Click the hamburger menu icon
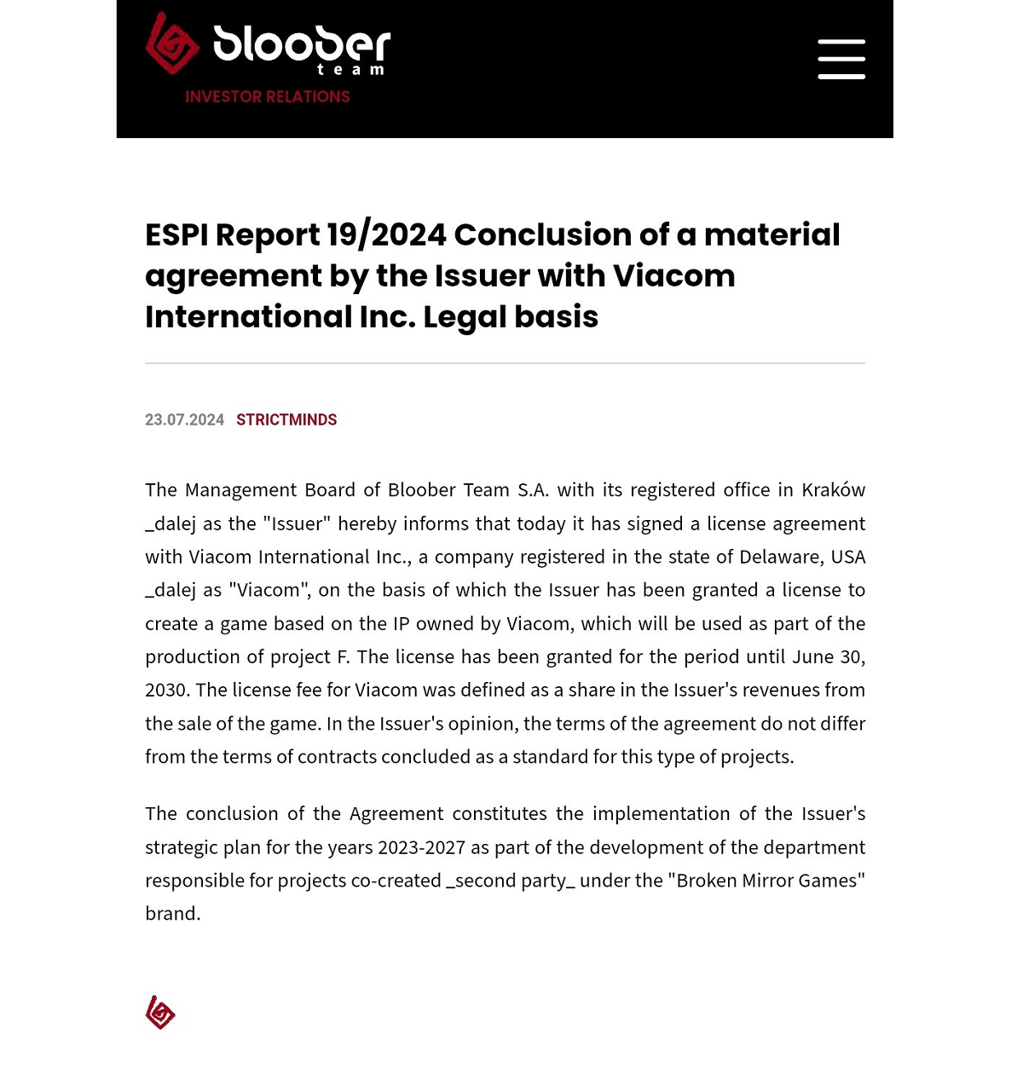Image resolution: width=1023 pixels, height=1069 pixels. coord(841,59)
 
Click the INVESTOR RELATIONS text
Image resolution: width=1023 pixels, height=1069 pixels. coord(268,97)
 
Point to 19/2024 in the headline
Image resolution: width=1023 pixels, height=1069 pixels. coord(386,234)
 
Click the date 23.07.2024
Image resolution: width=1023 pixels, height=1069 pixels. coord(184,420)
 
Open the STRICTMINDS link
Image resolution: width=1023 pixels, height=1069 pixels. coord(286,420)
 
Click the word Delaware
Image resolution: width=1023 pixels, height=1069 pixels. coord(781,557)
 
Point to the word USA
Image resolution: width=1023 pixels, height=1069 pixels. coord(848,557)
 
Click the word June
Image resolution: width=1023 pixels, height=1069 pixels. coord(813,657)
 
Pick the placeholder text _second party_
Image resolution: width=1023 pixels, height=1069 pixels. coord(511,881)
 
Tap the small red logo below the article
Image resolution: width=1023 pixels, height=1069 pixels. coord(160,1013)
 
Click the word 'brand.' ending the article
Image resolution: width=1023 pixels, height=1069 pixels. coord(173,914)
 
